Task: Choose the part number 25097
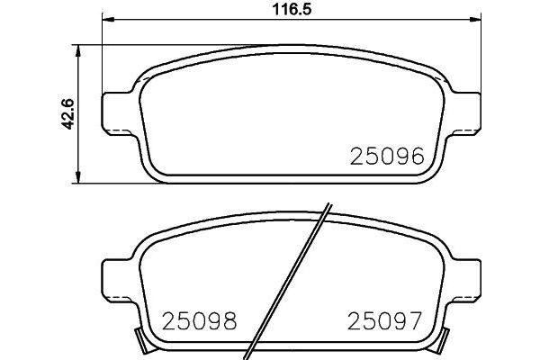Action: click(384, 319)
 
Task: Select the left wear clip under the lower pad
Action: click(140, 340)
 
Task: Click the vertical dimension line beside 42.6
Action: click(82, 144)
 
